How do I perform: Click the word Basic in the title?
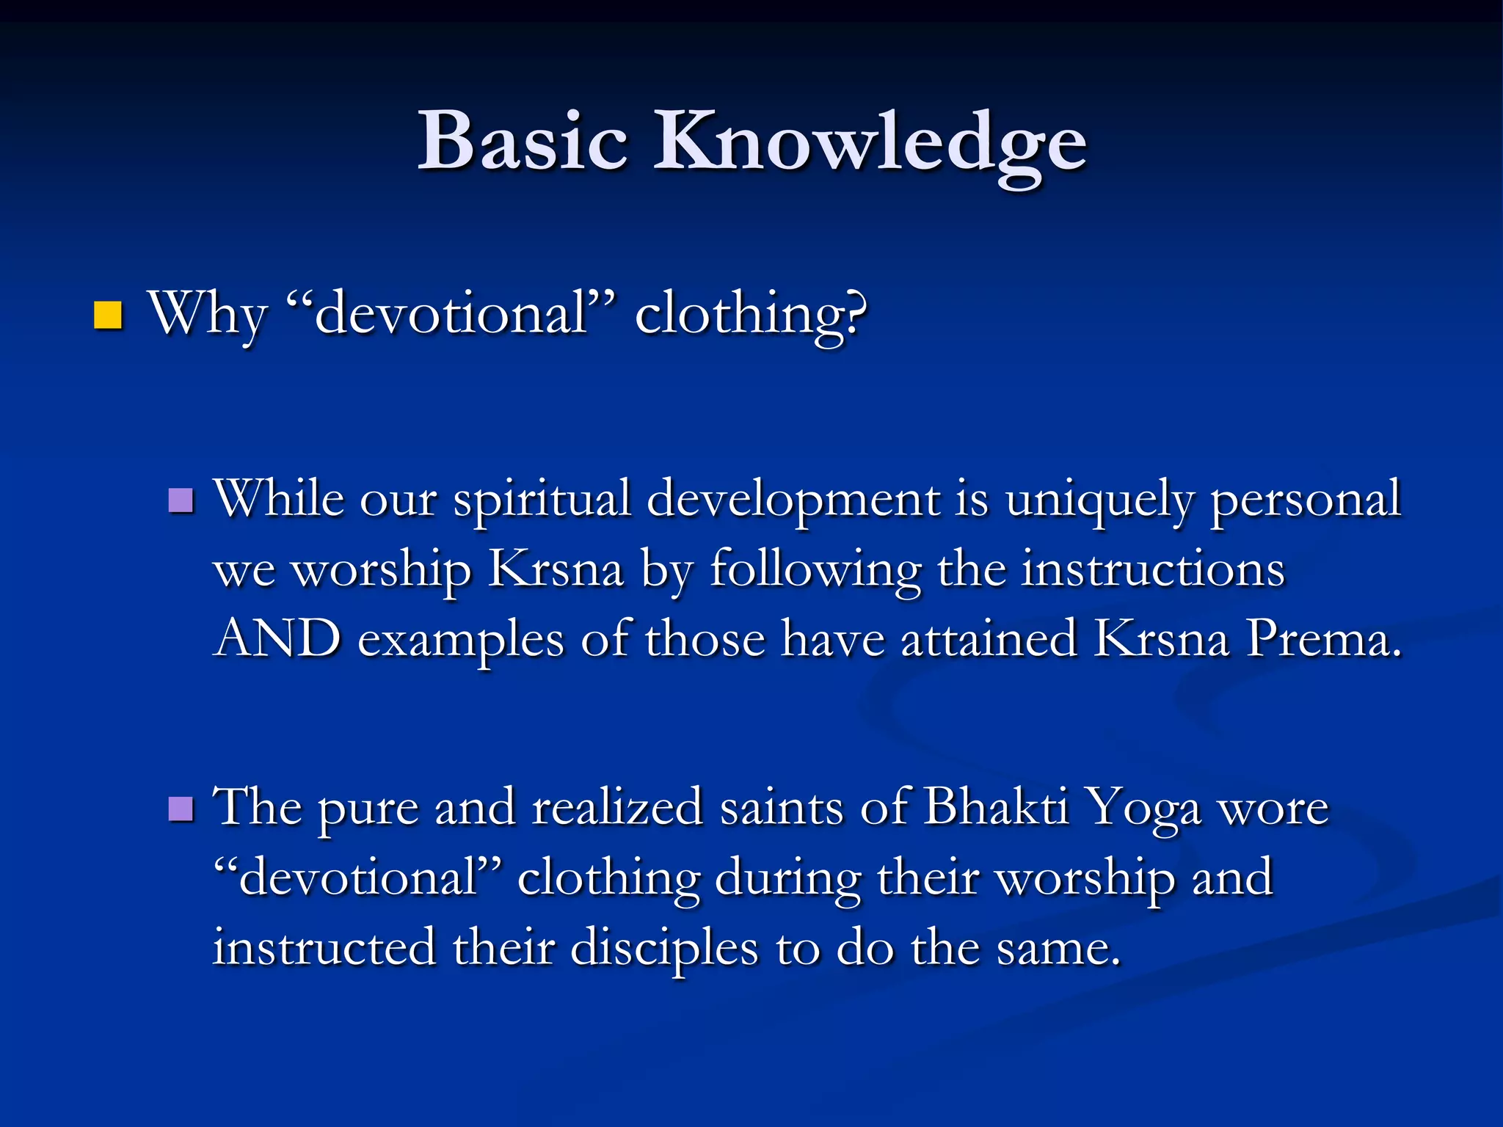click(x=523, y=141)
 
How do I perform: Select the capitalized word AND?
click(x=277, y=638)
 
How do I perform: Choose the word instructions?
click(x=1153, y=569)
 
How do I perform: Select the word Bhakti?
click(x=996, y=807)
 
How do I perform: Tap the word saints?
click(x=781, y=807)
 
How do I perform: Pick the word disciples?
click(x=664, y=948)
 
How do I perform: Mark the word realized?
click(x=617, y=807)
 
